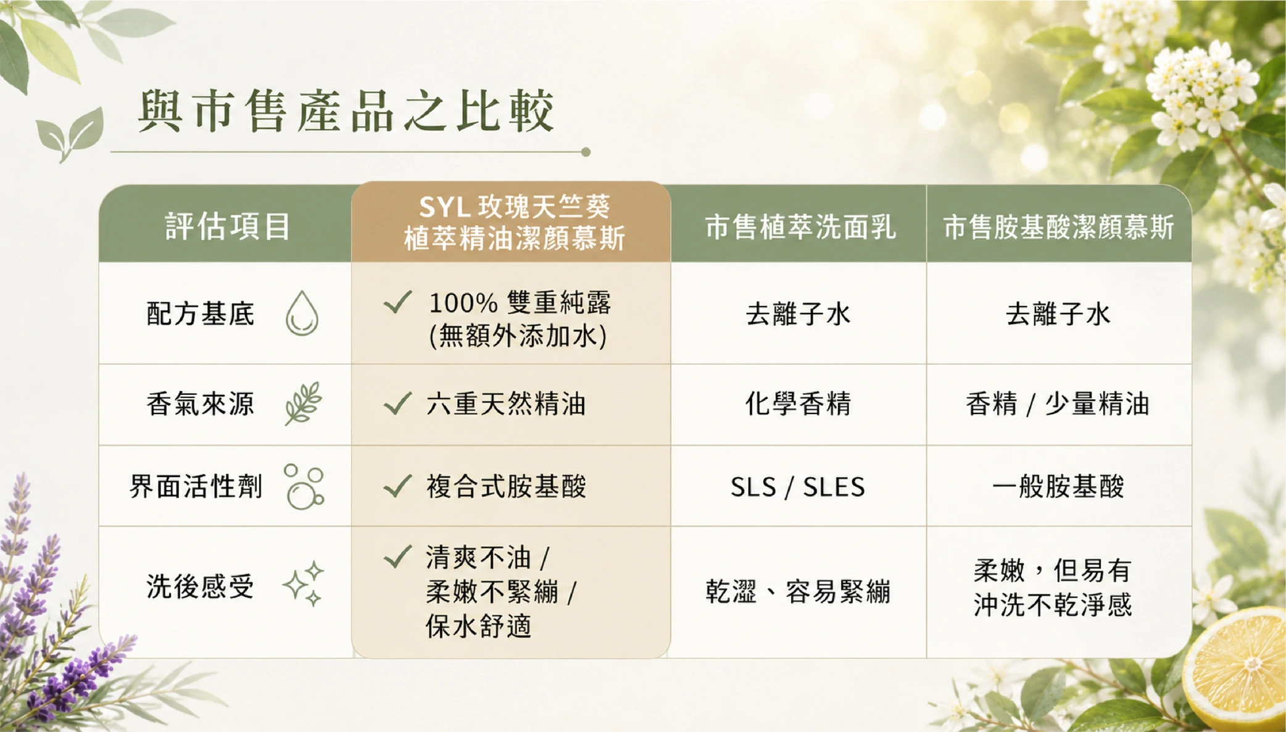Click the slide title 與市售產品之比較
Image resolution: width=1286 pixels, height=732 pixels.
tap(346, 111)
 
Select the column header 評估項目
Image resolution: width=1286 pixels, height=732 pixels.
tap(228, 226)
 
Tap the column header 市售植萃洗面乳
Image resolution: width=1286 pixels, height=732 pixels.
tap(800, 227)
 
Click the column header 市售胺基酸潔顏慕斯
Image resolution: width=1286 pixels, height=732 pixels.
tap(1058, 227)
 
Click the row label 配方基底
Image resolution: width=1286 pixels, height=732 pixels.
tap(201, 314)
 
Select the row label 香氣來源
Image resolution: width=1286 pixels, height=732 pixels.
tap(201, 404)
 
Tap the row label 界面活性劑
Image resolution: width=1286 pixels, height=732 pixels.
tap(196, 486)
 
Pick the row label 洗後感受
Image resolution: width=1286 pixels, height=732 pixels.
tap(201, 586)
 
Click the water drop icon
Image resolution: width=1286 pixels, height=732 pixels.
tap(302, 314)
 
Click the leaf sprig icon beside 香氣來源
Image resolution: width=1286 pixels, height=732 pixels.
tap(303, 404)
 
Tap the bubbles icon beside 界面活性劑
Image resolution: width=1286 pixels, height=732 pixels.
tap(304, 487)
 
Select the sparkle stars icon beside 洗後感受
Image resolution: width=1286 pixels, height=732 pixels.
tap(304, 583)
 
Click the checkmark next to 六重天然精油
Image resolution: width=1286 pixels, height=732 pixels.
tap(397, 404)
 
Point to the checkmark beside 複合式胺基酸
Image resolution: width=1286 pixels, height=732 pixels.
tap(397, 486)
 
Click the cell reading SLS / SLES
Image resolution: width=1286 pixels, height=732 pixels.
tap(798, 487)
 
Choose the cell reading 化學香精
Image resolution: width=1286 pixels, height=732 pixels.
tap(799, 404)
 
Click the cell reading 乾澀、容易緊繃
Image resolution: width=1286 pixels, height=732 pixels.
tap(799, 592)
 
